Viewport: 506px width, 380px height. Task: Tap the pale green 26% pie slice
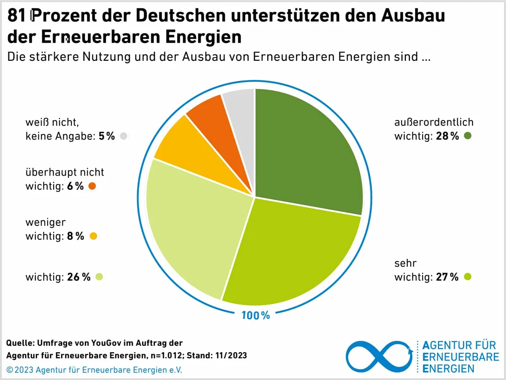click(190, 228)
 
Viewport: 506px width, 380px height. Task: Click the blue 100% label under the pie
click(256, 315)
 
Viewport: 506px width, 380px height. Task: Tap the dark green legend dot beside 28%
click(467, 136)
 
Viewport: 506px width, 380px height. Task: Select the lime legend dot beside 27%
click(467, 277)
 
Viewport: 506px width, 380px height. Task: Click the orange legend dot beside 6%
click(92, 186)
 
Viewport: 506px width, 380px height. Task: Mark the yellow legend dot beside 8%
click(93, 236)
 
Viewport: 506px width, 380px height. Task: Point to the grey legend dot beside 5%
click(124, 136)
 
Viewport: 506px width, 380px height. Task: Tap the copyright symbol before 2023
click(10, 370)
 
